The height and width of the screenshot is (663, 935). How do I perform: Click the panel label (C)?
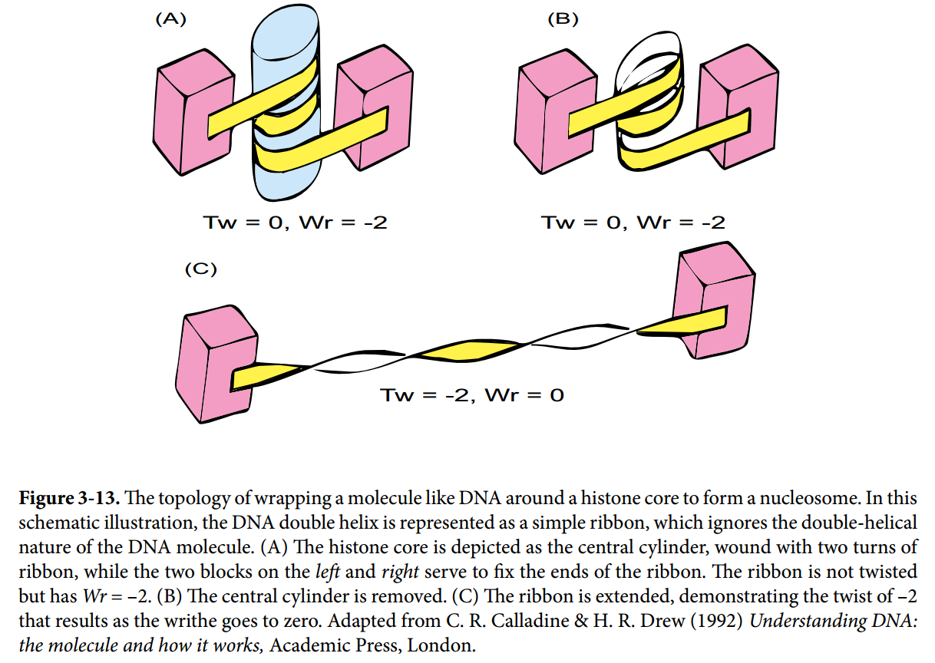coord(202,269)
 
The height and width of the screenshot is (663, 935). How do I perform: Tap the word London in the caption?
coord(441,645)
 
